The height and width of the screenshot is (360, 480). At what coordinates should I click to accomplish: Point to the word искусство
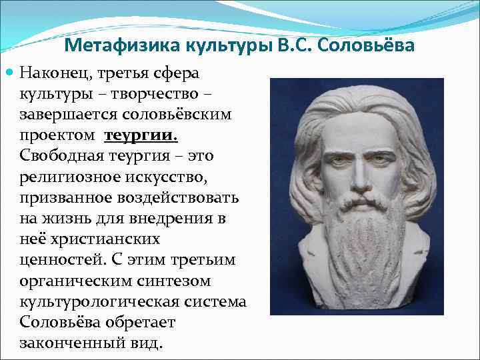point(173,177)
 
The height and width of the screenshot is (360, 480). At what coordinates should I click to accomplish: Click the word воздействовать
point(181,198)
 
